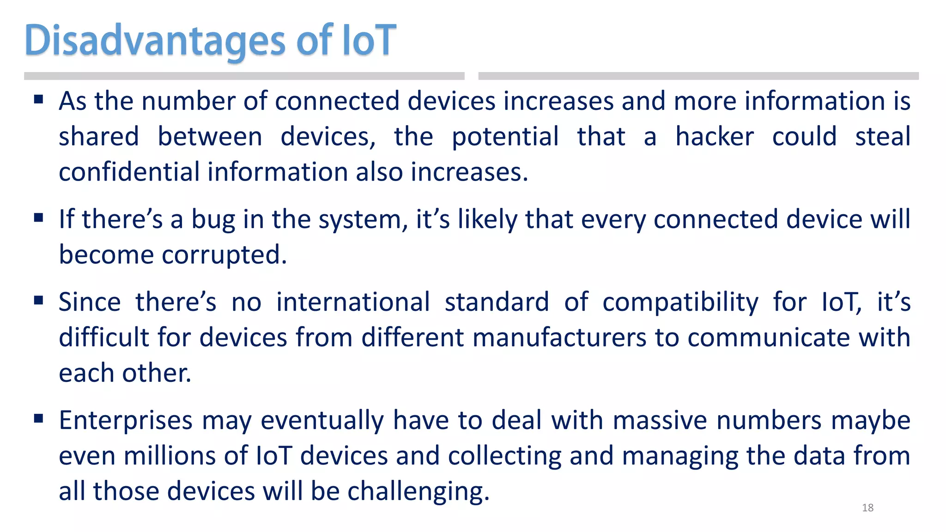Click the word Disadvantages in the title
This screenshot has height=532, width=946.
coord(155,41)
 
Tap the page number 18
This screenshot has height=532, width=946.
coord(867,508)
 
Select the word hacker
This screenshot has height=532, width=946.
coord(715,137)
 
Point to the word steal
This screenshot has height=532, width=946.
coord(882,137)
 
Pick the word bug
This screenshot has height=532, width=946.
coord(213,220)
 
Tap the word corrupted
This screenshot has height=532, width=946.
coord(224,255)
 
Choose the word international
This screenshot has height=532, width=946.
coord(353,302)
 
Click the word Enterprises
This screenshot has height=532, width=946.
coord(126,421)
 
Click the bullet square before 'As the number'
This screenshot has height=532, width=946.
coord(38,99)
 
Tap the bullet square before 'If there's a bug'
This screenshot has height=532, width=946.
coord(38,218)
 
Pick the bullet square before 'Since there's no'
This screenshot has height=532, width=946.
coord(38,301)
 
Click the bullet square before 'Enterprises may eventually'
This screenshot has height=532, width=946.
coord(38,419)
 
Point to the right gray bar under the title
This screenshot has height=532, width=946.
coord(698,76)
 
